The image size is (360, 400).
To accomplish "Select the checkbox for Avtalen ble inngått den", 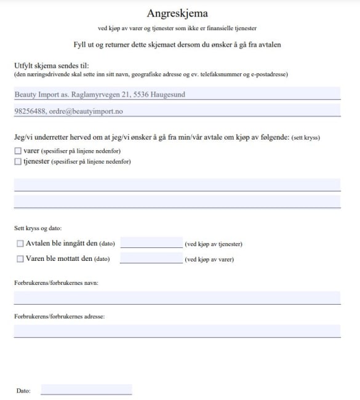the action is pyautogui.click(x=20, y=244).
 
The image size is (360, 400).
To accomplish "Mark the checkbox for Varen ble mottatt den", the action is pyautogui.click(x=20, y=259).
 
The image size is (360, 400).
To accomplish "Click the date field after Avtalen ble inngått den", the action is pyautogui.click(x=151, y=242).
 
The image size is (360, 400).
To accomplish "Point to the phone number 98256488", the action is pyautogui.click(x=28, y=111).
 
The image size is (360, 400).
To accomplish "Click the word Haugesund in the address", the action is pyautogui.click(x=166, y=95).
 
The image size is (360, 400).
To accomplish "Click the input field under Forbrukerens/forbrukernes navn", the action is pyautogui.click(x=177, y=298).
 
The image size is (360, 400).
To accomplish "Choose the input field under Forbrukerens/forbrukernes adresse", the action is pyautogui.click(x=177, y=331).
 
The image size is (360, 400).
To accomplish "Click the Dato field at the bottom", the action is pyautogui.click(x=86, y=389).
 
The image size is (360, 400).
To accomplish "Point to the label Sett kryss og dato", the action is pyautogui.click(x=38, y=228).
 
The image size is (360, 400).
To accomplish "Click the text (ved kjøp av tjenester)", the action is pyautogui.click(x=213, y=244).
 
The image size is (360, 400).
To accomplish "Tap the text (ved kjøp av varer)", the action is pyautogui.click(x=209, y=260).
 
